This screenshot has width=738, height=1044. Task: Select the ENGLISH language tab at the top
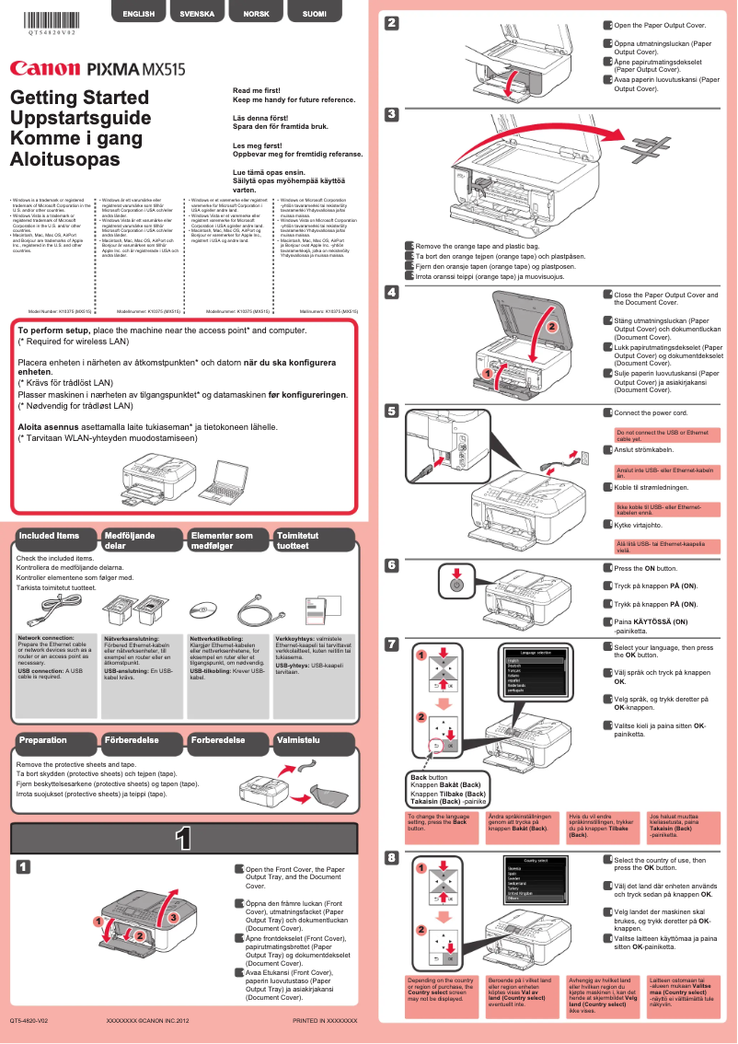[138, 15]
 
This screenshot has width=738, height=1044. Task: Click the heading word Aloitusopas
[64, 158]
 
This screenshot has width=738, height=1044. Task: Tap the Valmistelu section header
[299, 740]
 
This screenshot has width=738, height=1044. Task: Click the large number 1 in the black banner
[183, 838]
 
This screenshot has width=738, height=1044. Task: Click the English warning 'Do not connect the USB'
[663, 435]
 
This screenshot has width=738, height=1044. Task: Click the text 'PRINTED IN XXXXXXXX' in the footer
[325, 1021]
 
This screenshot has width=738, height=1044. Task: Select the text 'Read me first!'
[256, 91]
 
